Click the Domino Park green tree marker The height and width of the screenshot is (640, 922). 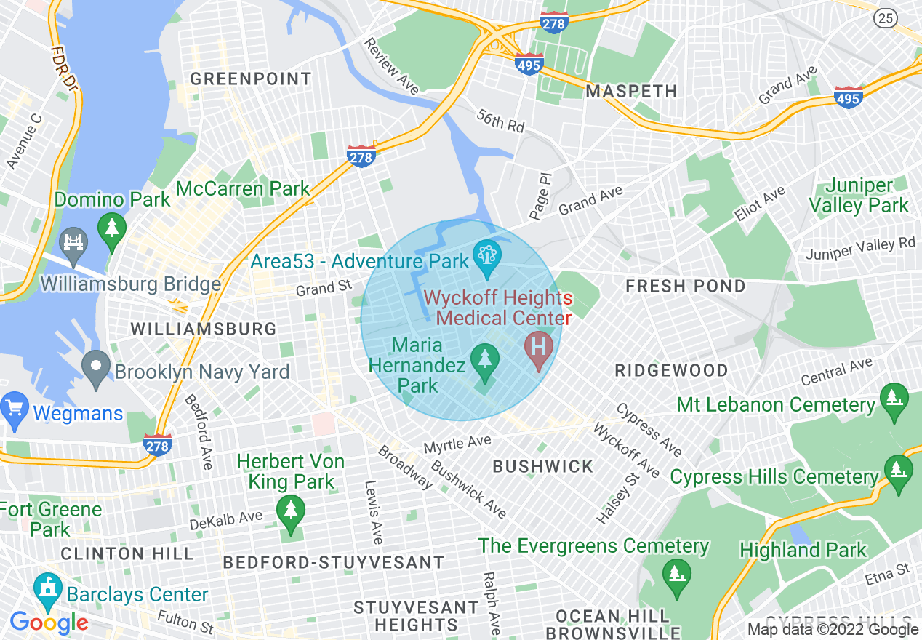pyautogui.click(x=112, y=228)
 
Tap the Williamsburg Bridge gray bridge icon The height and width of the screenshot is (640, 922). pyautogui.click(x=73, y=241)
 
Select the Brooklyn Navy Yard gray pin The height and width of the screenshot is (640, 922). pyautogui.click(x=95, y=368)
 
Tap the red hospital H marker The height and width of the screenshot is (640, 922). pyautogui.click(x=539, y=348)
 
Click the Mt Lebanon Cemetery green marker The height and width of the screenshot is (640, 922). pyautogui.click(x=894, y=400)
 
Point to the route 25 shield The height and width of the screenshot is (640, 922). pyautogui.click(x=886, y=19)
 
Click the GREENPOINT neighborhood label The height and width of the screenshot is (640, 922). pyautogui.click(x=250, y=79)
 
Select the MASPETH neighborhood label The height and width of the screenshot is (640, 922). pyautogui.click(x=631, y=91)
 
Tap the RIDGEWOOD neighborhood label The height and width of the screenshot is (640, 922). pyautogui.click(x=670, y=370)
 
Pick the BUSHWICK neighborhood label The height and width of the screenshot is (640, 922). pyautogui.click(x=542, y=466)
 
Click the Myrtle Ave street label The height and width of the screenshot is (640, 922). pyautogui.click(x=457, y=443)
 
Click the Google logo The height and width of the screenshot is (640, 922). pyautogui.click(x=49, y=623)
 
